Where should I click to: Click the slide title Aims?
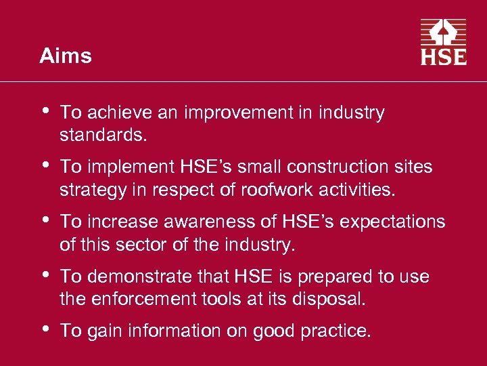click(x=66, y=56)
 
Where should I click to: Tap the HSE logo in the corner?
click(x=444, y=42)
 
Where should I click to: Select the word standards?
click(x=102, y=134)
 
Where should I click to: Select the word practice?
click(x=335, y=331)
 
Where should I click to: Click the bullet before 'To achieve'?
click(x=45, y=110)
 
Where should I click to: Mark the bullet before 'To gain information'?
click(x=45, y=328)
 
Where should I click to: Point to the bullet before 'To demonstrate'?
click(x=45, y=274)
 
